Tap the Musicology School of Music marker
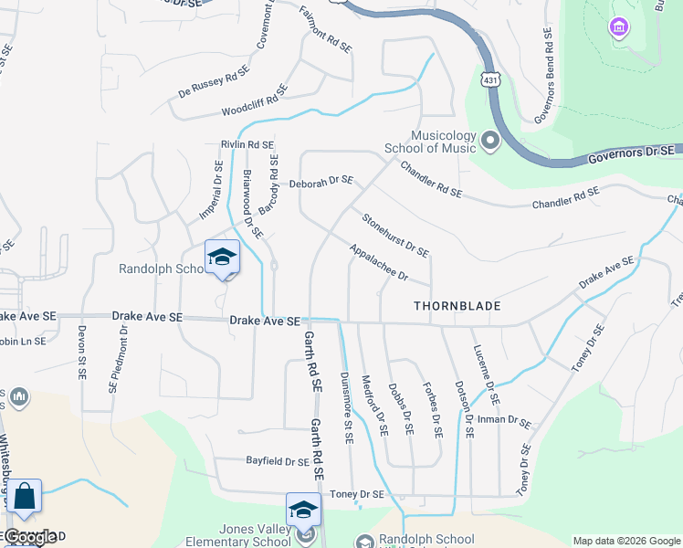tap(490, 141)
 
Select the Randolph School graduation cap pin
tap(222, 258)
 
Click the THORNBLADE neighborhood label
tap(457, 306)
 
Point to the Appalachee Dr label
tap(377, 262)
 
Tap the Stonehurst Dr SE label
tap(395, 235)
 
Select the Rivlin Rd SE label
tap(247, 144)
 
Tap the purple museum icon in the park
tap(620, 28)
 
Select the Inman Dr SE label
tap(504, 421)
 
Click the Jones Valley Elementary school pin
tap(304, 511)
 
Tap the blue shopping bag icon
tap(26, 497)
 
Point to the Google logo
tap(30, 537)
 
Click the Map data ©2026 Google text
tap(625, 541)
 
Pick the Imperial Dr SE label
tap(212, 191)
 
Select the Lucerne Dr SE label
tap(486, 375)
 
